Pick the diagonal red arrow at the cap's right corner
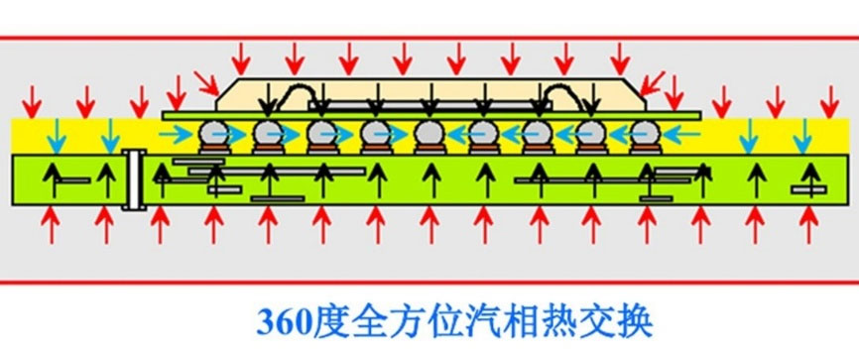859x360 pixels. (656, 84)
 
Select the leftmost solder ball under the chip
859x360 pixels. (212, 134)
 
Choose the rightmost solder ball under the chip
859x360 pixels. (644, 134)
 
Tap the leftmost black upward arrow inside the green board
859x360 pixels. (50, 179)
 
